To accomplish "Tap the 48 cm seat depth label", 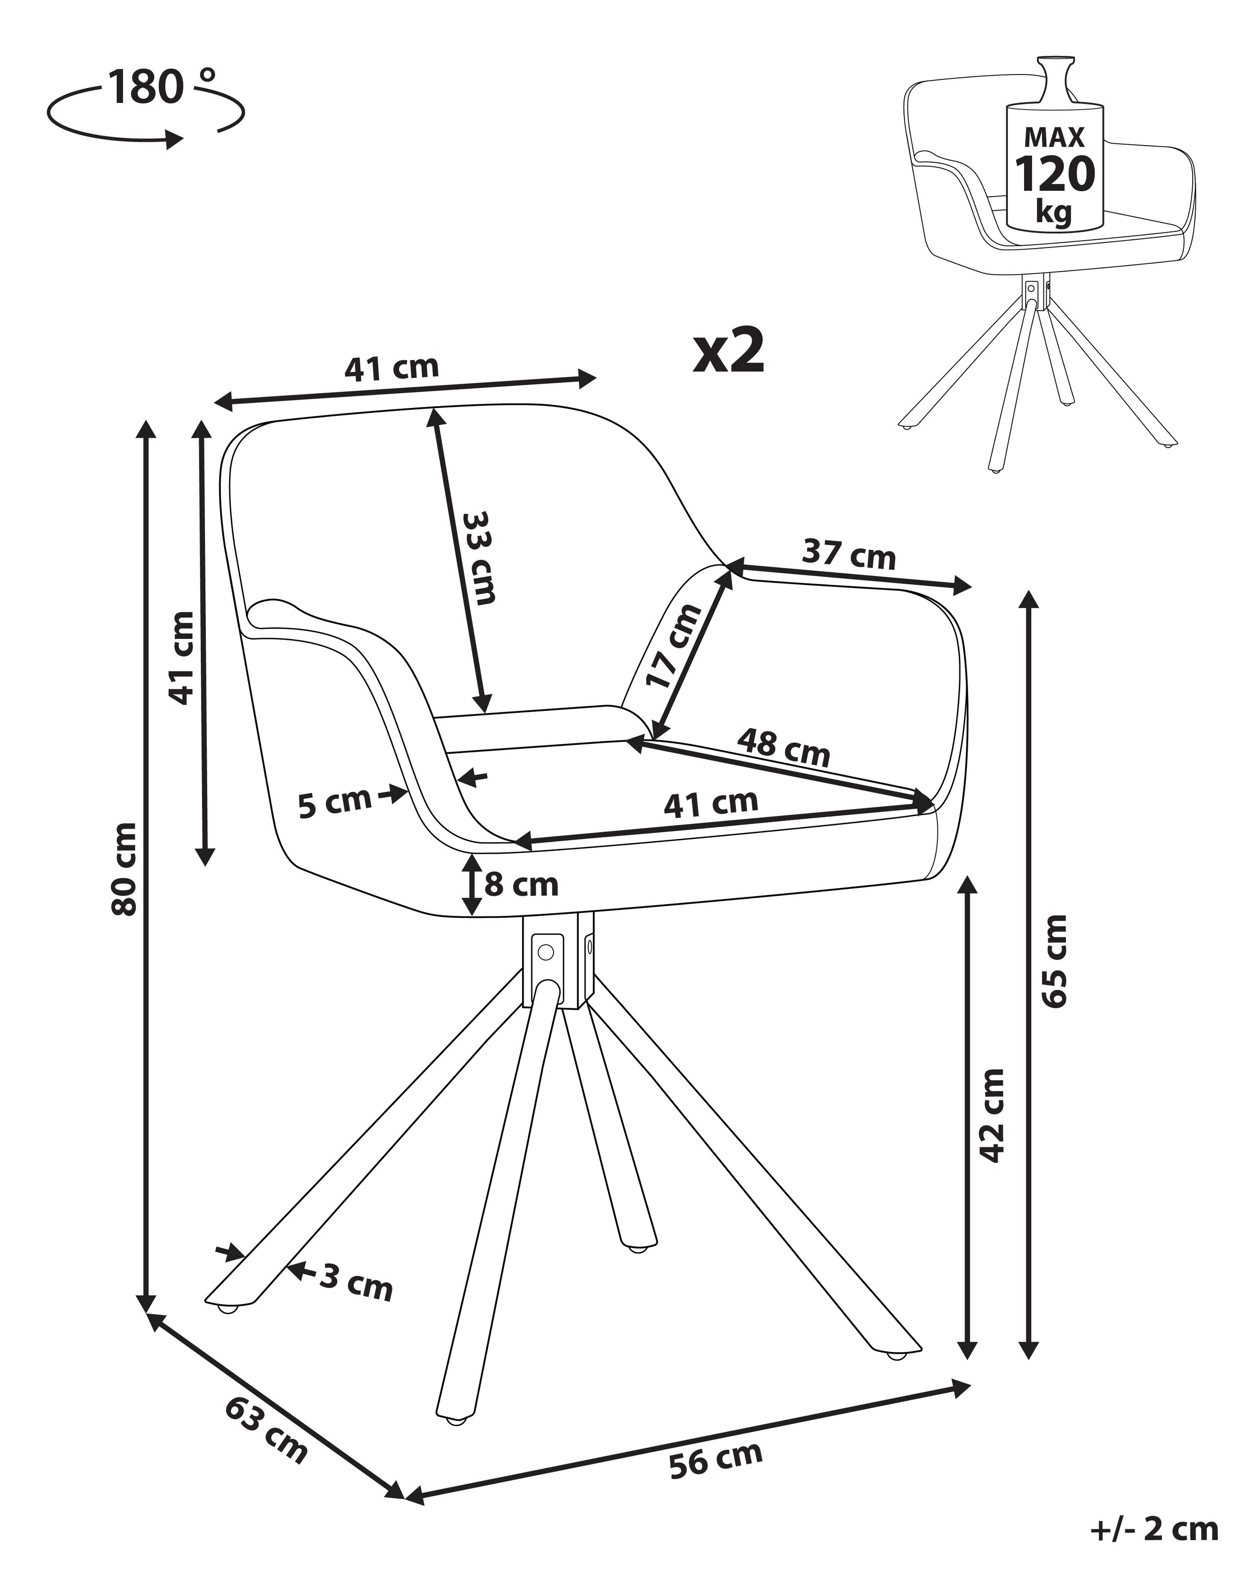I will click(x=783, y=747).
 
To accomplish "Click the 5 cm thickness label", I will click(x=335, y=803).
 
